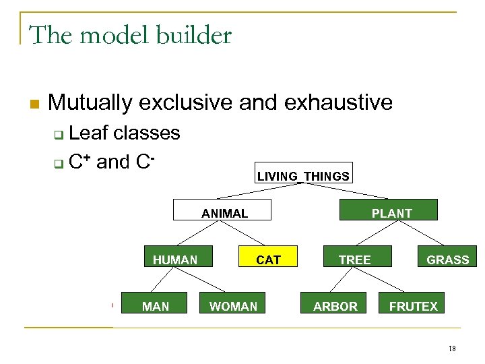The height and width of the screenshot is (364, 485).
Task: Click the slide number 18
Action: (x=452, y=348)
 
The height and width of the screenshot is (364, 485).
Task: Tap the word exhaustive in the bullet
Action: (x=338, y=102)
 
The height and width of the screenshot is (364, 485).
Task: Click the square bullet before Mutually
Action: (x=34, y=104)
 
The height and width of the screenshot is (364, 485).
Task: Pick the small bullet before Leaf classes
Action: (x=59, y=135)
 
